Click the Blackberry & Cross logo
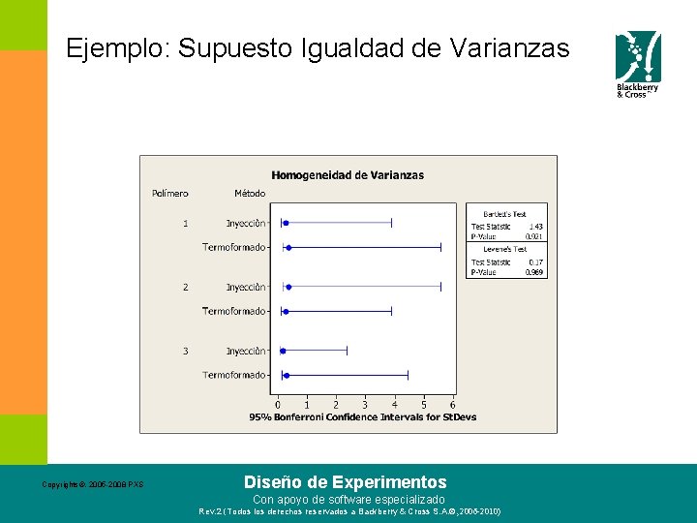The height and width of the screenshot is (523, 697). [638, 64]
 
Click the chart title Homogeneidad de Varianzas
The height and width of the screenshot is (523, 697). [348, 175]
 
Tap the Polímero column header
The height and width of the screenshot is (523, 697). [170, 194]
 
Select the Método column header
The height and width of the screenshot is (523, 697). [250, 194]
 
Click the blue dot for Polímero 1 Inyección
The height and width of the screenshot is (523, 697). [286, 223]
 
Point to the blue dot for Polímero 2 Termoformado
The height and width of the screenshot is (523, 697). [286, 311]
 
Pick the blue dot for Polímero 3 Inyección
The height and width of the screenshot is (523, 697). [283, 351]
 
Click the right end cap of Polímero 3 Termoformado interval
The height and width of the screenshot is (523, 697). [408, 375]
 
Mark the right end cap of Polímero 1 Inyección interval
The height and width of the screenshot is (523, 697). [391, 223]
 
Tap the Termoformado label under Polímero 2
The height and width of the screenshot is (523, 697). [233, 311]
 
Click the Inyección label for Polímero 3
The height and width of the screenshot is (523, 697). [246, 351]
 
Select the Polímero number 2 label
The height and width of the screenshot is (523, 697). [185, 287]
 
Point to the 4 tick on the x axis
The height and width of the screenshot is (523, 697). [394, 405]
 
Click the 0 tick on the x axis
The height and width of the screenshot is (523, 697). [278, 405]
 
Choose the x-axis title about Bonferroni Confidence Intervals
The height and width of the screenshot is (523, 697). [363, 417]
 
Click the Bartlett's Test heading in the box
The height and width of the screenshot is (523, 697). [506, 214]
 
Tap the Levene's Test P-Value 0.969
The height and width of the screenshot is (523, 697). [533, 272]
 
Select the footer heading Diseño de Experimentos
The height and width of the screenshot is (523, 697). [346, 481]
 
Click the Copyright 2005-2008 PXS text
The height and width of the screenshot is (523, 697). [93, 484]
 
